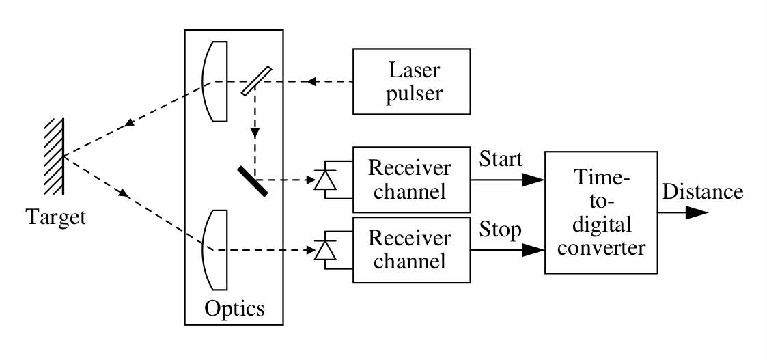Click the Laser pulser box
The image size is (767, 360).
click(411, 81)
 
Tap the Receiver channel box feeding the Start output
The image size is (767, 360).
click(410, 180)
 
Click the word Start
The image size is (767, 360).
click(501, 160)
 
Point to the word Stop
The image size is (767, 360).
click(501, 229)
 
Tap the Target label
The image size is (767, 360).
click(56, 217)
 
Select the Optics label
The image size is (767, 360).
click(234, 308)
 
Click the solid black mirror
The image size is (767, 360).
click(252, 180)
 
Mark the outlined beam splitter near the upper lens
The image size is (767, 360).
click(257, 82)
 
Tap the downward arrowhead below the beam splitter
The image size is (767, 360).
click(254, 134)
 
